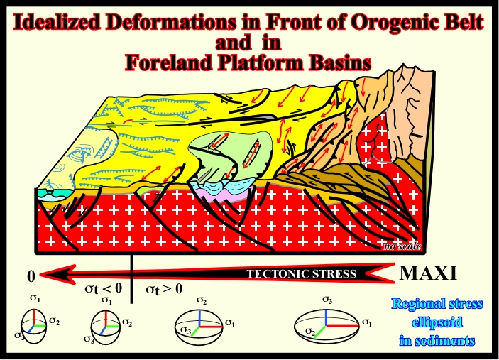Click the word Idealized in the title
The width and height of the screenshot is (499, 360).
pos(56,22)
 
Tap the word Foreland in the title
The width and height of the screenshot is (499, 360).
pos(169,62)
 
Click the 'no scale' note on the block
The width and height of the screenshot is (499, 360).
pos(402,246)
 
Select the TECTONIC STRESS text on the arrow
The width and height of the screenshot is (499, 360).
pos(302,274)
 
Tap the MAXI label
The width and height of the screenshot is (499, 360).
pos(428,273)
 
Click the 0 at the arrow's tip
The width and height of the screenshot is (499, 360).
pos(31,276)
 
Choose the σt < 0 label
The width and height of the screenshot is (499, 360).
pos(104,289)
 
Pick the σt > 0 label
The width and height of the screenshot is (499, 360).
pos(164,289)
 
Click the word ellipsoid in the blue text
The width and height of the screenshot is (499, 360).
pos(437,322)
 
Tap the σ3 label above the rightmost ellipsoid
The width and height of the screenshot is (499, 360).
pos(327,300)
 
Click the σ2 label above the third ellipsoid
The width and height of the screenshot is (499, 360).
pos(202,300)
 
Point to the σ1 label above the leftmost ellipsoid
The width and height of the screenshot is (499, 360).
pos(35,298)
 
